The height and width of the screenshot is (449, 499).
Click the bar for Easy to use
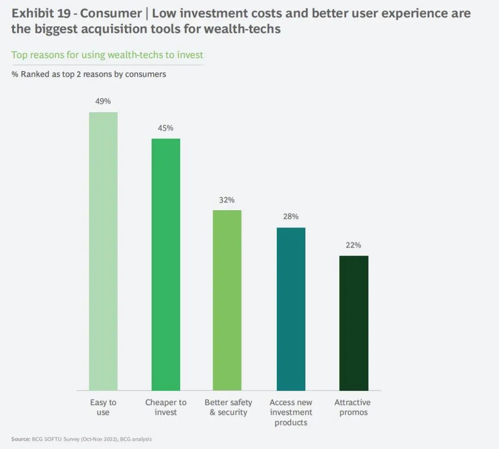point(103,251)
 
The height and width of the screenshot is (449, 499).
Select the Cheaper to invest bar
point(166,264)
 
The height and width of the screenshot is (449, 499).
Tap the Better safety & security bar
point(227,300)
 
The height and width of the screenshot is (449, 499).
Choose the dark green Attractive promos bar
point(353,323)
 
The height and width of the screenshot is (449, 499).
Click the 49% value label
point(103,101)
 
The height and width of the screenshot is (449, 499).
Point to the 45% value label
point(165,128)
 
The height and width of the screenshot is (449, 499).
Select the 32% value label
point(227,200)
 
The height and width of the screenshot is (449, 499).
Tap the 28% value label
point(291,217)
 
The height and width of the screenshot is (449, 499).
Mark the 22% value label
point(353,245)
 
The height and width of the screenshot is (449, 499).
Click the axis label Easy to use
point(103,407)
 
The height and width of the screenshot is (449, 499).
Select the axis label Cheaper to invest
point(166,407)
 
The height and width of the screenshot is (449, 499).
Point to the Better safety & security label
point(228,407)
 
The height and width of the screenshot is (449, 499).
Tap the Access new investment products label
point(291,412)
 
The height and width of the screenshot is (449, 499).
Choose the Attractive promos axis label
point(353,407)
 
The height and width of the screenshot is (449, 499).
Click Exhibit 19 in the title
point(41,13)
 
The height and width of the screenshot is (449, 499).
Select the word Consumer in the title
point(110,13)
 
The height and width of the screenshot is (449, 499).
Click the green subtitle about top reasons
point(107,55)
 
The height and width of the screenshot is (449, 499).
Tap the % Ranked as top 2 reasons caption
point(89,74)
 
